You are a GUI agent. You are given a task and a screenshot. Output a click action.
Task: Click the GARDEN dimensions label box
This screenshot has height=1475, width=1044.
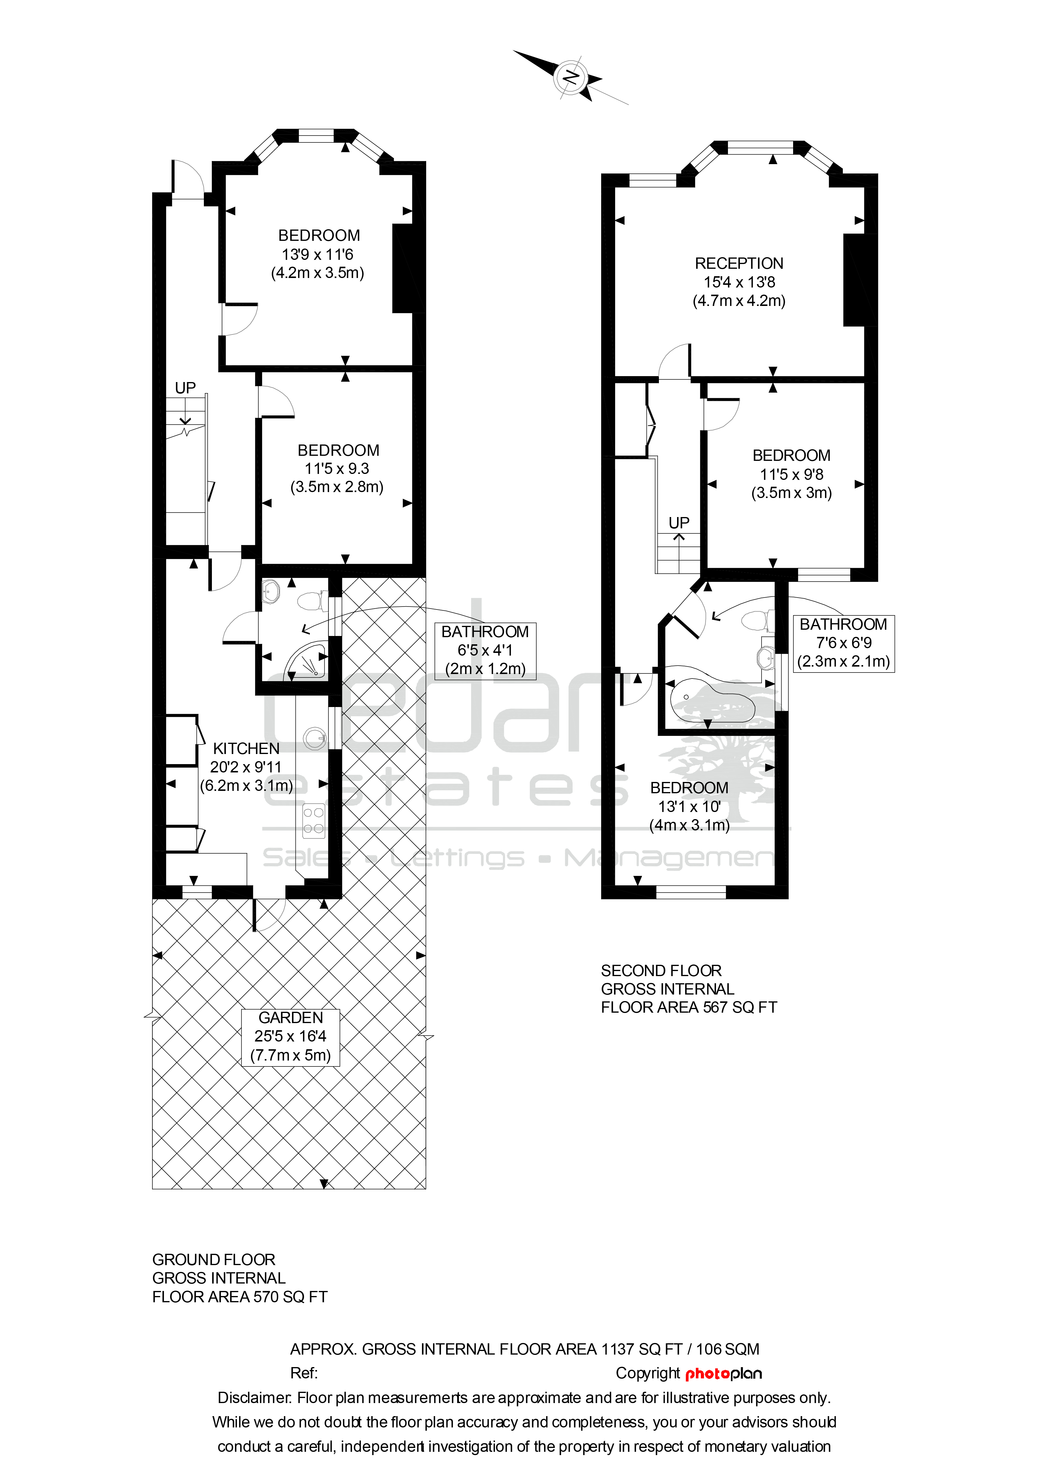click(290, 1038)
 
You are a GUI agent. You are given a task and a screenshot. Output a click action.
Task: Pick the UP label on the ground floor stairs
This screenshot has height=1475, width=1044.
click(185, 388)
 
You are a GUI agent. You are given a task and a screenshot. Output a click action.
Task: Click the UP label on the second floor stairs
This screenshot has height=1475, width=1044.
click(679, 523)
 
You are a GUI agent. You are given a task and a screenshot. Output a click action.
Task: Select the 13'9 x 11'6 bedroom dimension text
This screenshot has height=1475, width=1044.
click(318, 255)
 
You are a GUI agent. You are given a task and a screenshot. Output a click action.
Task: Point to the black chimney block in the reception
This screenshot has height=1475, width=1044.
click(855, 280)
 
